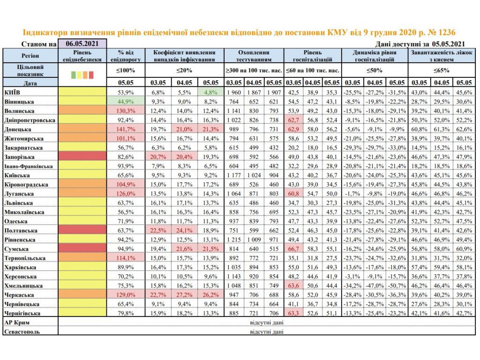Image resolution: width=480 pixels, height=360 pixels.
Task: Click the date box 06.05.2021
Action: coord(82,44)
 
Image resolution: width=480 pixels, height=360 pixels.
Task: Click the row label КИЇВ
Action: coord(11,91)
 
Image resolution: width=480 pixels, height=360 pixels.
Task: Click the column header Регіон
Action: coord(30,55)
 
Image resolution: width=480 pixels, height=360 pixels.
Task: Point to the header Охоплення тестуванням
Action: coord(254,56)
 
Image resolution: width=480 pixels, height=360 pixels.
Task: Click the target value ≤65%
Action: coord(441,70)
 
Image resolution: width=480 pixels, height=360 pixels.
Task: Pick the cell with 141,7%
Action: coord(127,128)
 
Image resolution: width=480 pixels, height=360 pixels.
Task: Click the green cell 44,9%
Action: coord(127,101)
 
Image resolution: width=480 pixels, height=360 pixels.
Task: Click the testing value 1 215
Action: coord(233,239)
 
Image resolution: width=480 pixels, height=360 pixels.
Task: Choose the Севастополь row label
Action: coord(22,331)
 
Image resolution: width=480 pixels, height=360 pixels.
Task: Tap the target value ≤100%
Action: coord(127,70)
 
